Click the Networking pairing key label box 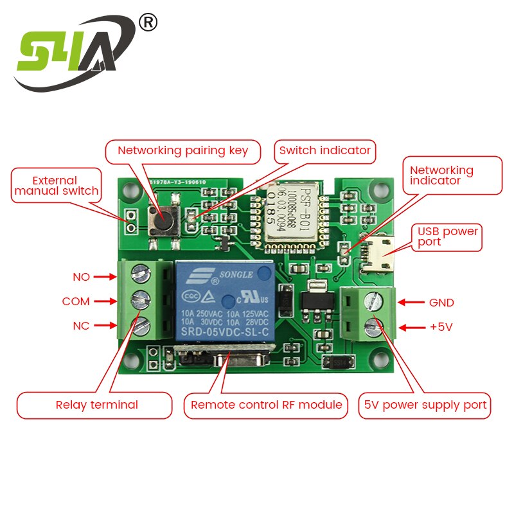point(182,151)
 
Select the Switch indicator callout point(324,150)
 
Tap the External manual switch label point(57,186)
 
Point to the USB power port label point(448,236)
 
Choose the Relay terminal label point(96,405)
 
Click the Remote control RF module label point(266,405)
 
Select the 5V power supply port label point(426,405)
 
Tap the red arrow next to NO point(103,277)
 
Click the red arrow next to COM point(103,301)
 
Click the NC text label point(81,326)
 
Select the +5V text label point(441,327)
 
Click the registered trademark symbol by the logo point(148,22)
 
